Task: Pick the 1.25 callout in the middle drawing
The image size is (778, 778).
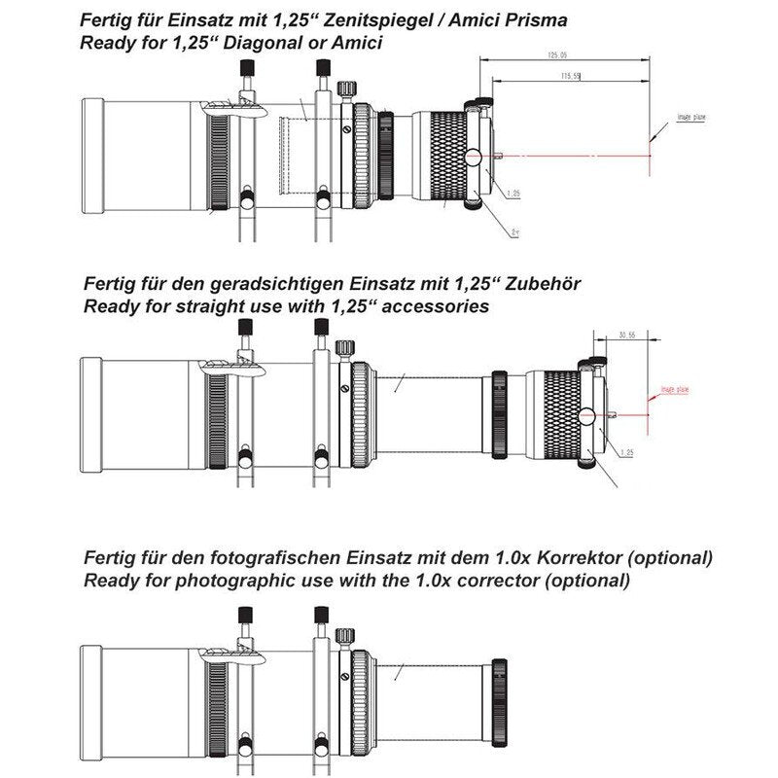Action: [626, 452]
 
